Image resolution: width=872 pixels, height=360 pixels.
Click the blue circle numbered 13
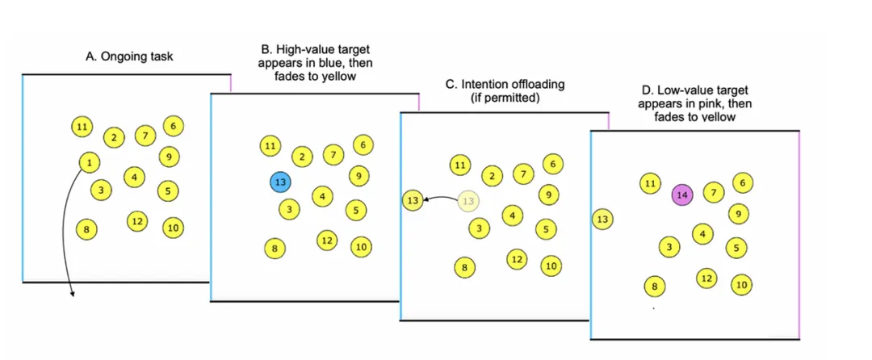[x=280, y=182]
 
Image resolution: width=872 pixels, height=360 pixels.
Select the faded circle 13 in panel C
[x=469, y=201]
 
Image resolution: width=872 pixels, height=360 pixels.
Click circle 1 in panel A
[x=87, y=162]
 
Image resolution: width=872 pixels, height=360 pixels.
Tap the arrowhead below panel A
[x=73, y=293]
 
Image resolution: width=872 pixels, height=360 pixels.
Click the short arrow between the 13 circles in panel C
[x=440, y=198]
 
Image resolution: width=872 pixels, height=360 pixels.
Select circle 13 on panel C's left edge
[x=413, y=199]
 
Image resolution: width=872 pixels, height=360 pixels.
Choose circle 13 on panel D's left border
[x=602, y=219]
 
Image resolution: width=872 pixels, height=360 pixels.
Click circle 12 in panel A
[x=136, y=221]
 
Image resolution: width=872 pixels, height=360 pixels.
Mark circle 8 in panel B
[x=275, y=248]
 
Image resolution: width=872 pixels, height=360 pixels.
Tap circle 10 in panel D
[x=741, y=284]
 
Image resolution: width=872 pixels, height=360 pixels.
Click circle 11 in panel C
[x=459, y=166]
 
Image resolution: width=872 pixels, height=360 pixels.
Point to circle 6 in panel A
[x=173, y=125]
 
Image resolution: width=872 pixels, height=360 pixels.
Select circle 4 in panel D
[x=703, y=234]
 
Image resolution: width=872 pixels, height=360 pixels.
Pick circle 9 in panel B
[x=359, y=174]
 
